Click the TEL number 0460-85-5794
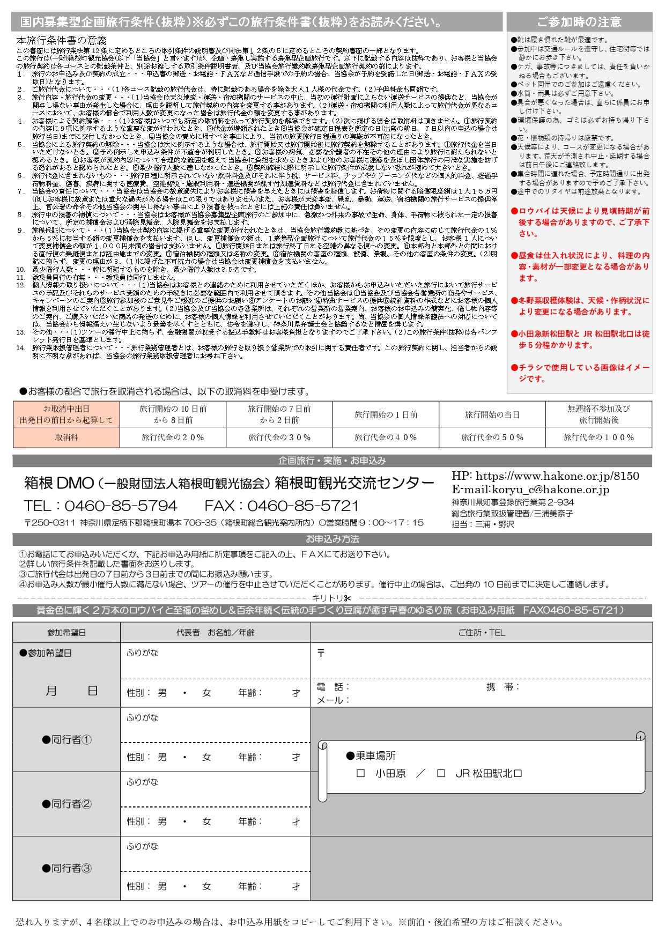point(121,506)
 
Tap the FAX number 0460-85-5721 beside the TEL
point(303,506)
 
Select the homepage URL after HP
point(557,476)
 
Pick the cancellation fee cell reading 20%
point(173,438)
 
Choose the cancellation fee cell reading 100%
point(598,438)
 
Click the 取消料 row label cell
point(66,438)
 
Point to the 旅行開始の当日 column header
point(492,414)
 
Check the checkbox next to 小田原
point(361,774)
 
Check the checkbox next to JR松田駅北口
point(441,774)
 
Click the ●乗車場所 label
point(371,755)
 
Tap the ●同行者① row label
point(66,739)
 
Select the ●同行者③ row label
point(66,868)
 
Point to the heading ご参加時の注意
point(579,22)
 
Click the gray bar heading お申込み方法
point(332,539)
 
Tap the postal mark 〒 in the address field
point(321,653)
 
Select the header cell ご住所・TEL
point(481,633)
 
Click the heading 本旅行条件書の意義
point(61,40)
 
